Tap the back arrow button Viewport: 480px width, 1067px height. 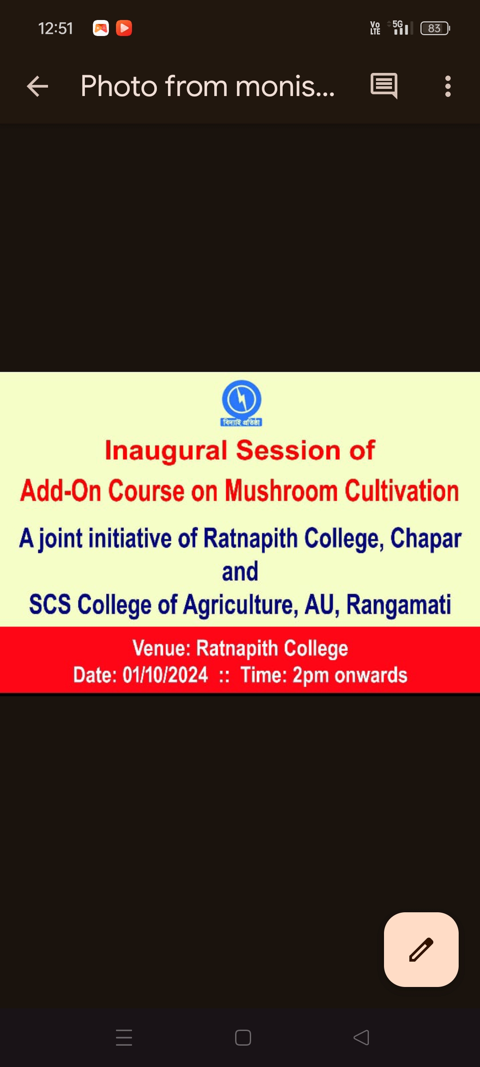[37, 86]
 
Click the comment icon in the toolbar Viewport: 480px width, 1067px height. [384, 86]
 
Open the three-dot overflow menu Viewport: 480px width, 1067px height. [448, 86]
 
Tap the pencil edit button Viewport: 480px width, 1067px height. [421, 949]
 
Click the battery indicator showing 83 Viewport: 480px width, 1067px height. [435, 28]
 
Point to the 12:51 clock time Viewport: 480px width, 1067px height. [56, 28]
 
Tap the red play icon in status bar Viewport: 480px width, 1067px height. [124, 28]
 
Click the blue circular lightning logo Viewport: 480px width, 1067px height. [241, 399]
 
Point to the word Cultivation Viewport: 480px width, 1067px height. [402, 491]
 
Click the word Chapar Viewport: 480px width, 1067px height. [426, 539]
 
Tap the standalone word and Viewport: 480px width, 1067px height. [240, 571]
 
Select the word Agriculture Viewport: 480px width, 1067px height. [241, 605]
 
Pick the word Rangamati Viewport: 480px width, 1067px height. [399, 605]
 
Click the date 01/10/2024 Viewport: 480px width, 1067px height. [165, 675]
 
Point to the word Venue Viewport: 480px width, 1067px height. [161, 648]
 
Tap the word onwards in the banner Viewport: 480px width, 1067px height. [371, 675]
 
